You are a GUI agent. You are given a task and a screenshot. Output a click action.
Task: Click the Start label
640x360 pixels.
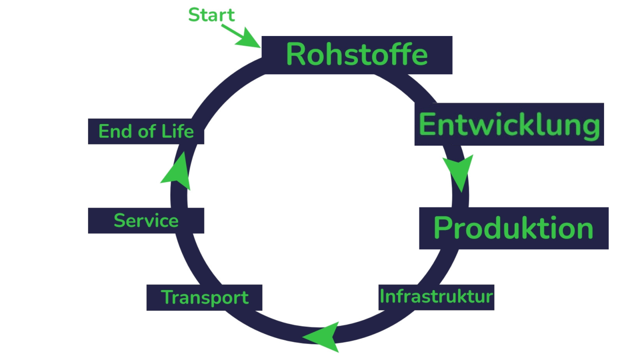211,15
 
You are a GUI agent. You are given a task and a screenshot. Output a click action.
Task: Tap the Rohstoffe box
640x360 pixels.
357,55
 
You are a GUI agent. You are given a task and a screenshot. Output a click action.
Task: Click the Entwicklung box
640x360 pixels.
509,124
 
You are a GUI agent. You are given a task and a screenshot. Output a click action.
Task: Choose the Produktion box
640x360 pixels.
514,228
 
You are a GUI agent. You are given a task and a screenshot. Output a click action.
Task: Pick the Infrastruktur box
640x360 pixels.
436,297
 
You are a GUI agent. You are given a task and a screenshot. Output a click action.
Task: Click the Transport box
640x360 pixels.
204,297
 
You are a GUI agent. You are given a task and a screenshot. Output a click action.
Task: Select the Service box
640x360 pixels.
146,220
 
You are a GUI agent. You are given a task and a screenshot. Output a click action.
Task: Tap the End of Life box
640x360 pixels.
146,131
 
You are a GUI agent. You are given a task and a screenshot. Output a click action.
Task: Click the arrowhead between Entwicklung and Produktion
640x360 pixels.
459,172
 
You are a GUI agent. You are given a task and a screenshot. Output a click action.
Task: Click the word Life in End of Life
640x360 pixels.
178,131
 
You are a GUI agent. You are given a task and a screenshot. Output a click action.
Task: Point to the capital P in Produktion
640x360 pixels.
442,228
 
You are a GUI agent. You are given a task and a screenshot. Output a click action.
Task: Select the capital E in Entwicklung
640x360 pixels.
426,124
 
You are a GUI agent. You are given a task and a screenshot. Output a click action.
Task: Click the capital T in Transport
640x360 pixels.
168,297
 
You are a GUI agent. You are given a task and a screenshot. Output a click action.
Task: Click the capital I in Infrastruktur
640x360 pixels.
382,296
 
